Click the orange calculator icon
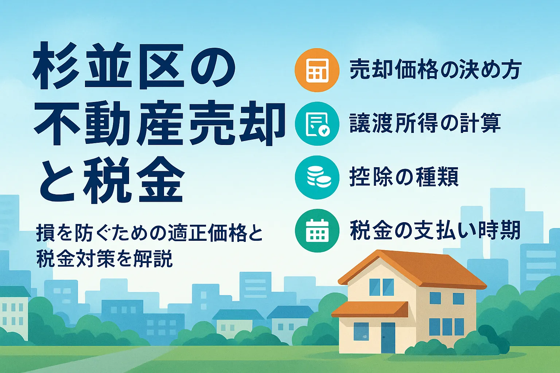tap(317, 70)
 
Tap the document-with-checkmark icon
tap(317, 124)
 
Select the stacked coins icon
tap(317, 177)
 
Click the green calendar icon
tap(317, 231)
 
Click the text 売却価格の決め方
tap(435, 70)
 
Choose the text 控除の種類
tap(404, 177)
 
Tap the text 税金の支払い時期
tap(435, 231)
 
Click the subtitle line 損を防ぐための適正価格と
tap(149, 233)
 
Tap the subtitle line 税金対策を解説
tap(104, 259)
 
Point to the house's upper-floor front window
tap(381, 287)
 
